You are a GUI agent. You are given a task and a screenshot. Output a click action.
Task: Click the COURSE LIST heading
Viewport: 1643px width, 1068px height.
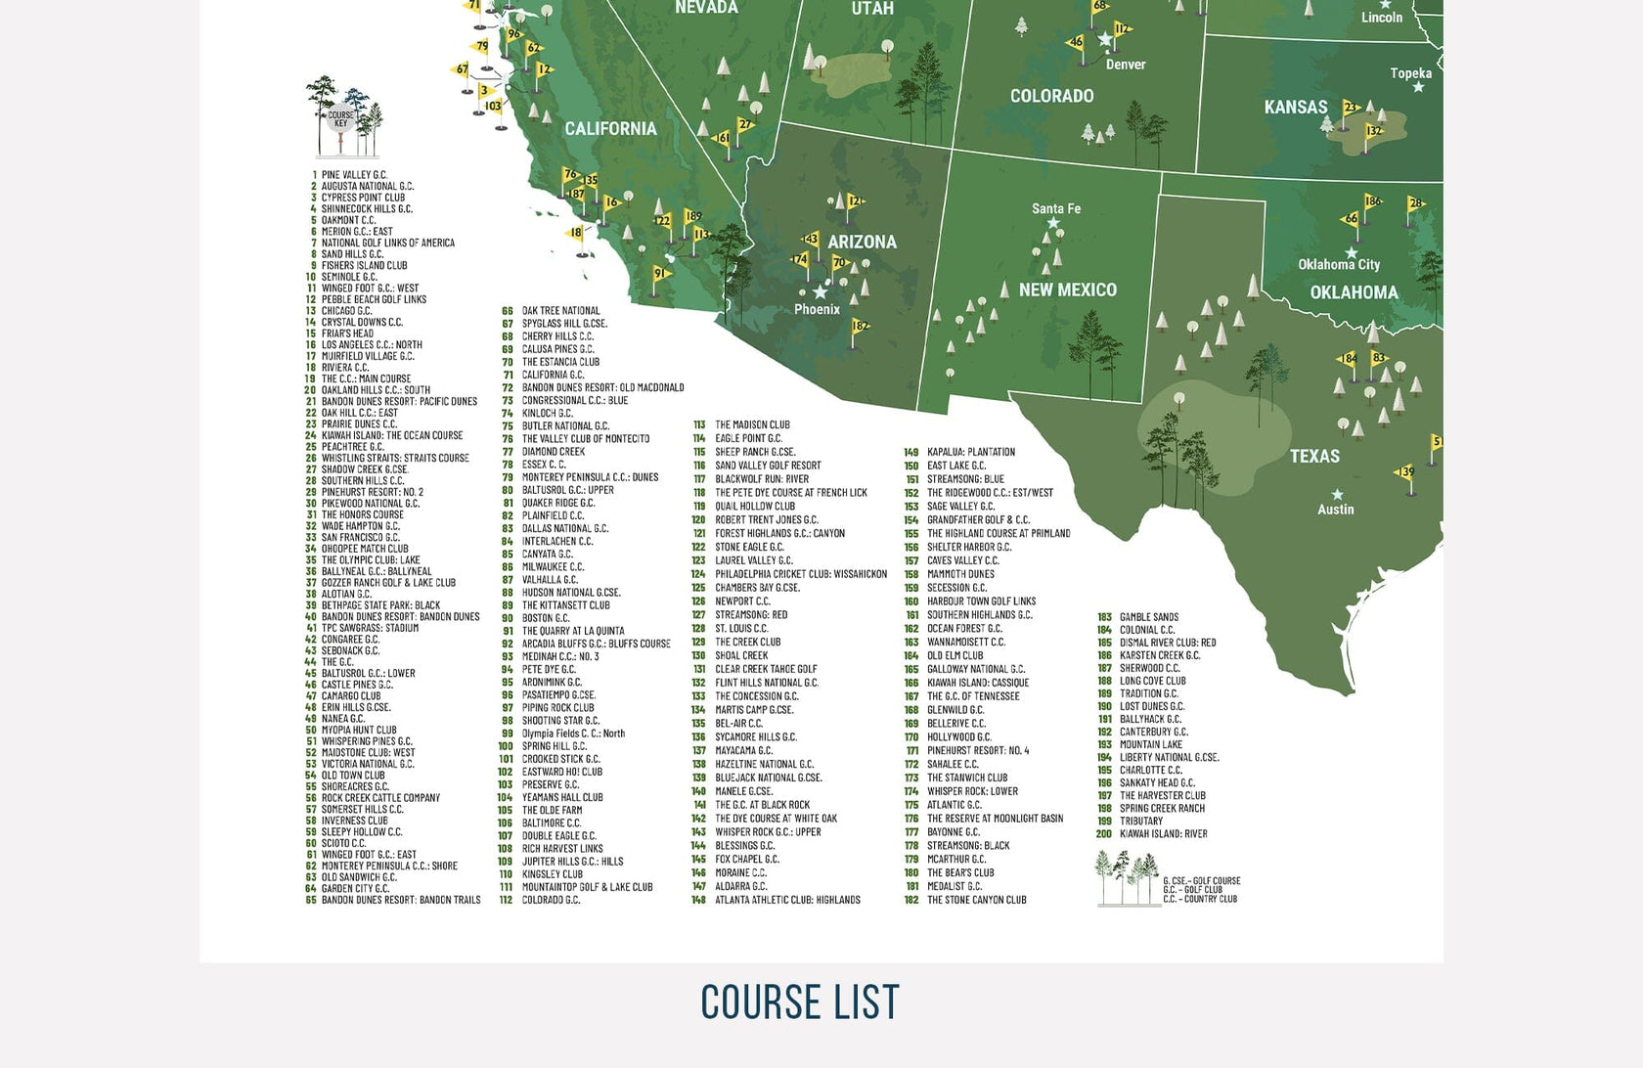click(x=800, y=1001)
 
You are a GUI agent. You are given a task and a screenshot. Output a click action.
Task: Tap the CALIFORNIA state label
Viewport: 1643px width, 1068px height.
click(x=610, y=128)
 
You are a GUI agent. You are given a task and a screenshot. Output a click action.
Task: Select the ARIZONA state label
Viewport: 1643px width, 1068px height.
click(x=862, y=242)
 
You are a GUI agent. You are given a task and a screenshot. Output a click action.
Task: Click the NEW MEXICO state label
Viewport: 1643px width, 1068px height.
click(x=1067, y=289)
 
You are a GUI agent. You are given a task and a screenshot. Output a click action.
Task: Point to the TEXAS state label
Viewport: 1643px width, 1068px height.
click(x=1314, y=456)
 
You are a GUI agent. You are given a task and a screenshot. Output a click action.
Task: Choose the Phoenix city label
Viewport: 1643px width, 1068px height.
click(x=817, y=309)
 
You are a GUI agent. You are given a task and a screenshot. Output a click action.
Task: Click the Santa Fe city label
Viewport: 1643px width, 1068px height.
click(x=1056, y=208)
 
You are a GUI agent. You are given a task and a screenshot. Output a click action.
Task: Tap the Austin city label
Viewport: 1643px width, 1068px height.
click(x=1335, y=510)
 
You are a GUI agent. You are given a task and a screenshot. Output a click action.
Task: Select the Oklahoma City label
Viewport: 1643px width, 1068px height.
click(x=1339, y=264)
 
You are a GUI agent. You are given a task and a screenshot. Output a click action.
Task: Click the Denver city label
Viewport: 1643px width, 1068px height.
click(x=1125, y=65)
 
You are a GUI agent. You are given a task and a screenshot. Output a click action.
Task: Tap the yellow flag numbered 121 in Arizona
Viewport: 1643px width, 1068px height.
click(x=854, y=203)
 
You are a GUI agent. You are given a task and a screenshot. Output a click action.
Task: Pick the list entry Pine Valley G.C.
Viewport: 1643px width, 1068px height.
click(x=353, y=175)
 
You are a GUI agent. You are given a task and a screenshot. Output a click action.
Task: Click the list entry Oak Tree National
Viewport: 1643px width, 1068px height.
click(x=560, y=311)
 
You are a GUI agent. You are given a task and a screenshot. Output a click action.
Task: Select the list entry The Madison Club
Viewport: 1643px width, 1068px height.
click(x=752, y=424)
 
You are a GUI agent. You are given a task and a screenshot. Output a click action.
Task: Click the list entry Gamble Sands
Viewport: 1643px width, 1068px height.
click(x=1148, y=617)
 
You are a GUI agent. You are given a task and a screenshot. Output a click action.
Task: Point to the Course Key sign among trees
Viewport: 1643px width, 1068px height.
click(x=341, y=119)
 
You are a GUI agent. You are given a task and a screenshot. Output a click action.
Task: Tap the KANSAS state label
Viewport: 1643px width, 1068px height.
click(x=1296, y=108)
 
